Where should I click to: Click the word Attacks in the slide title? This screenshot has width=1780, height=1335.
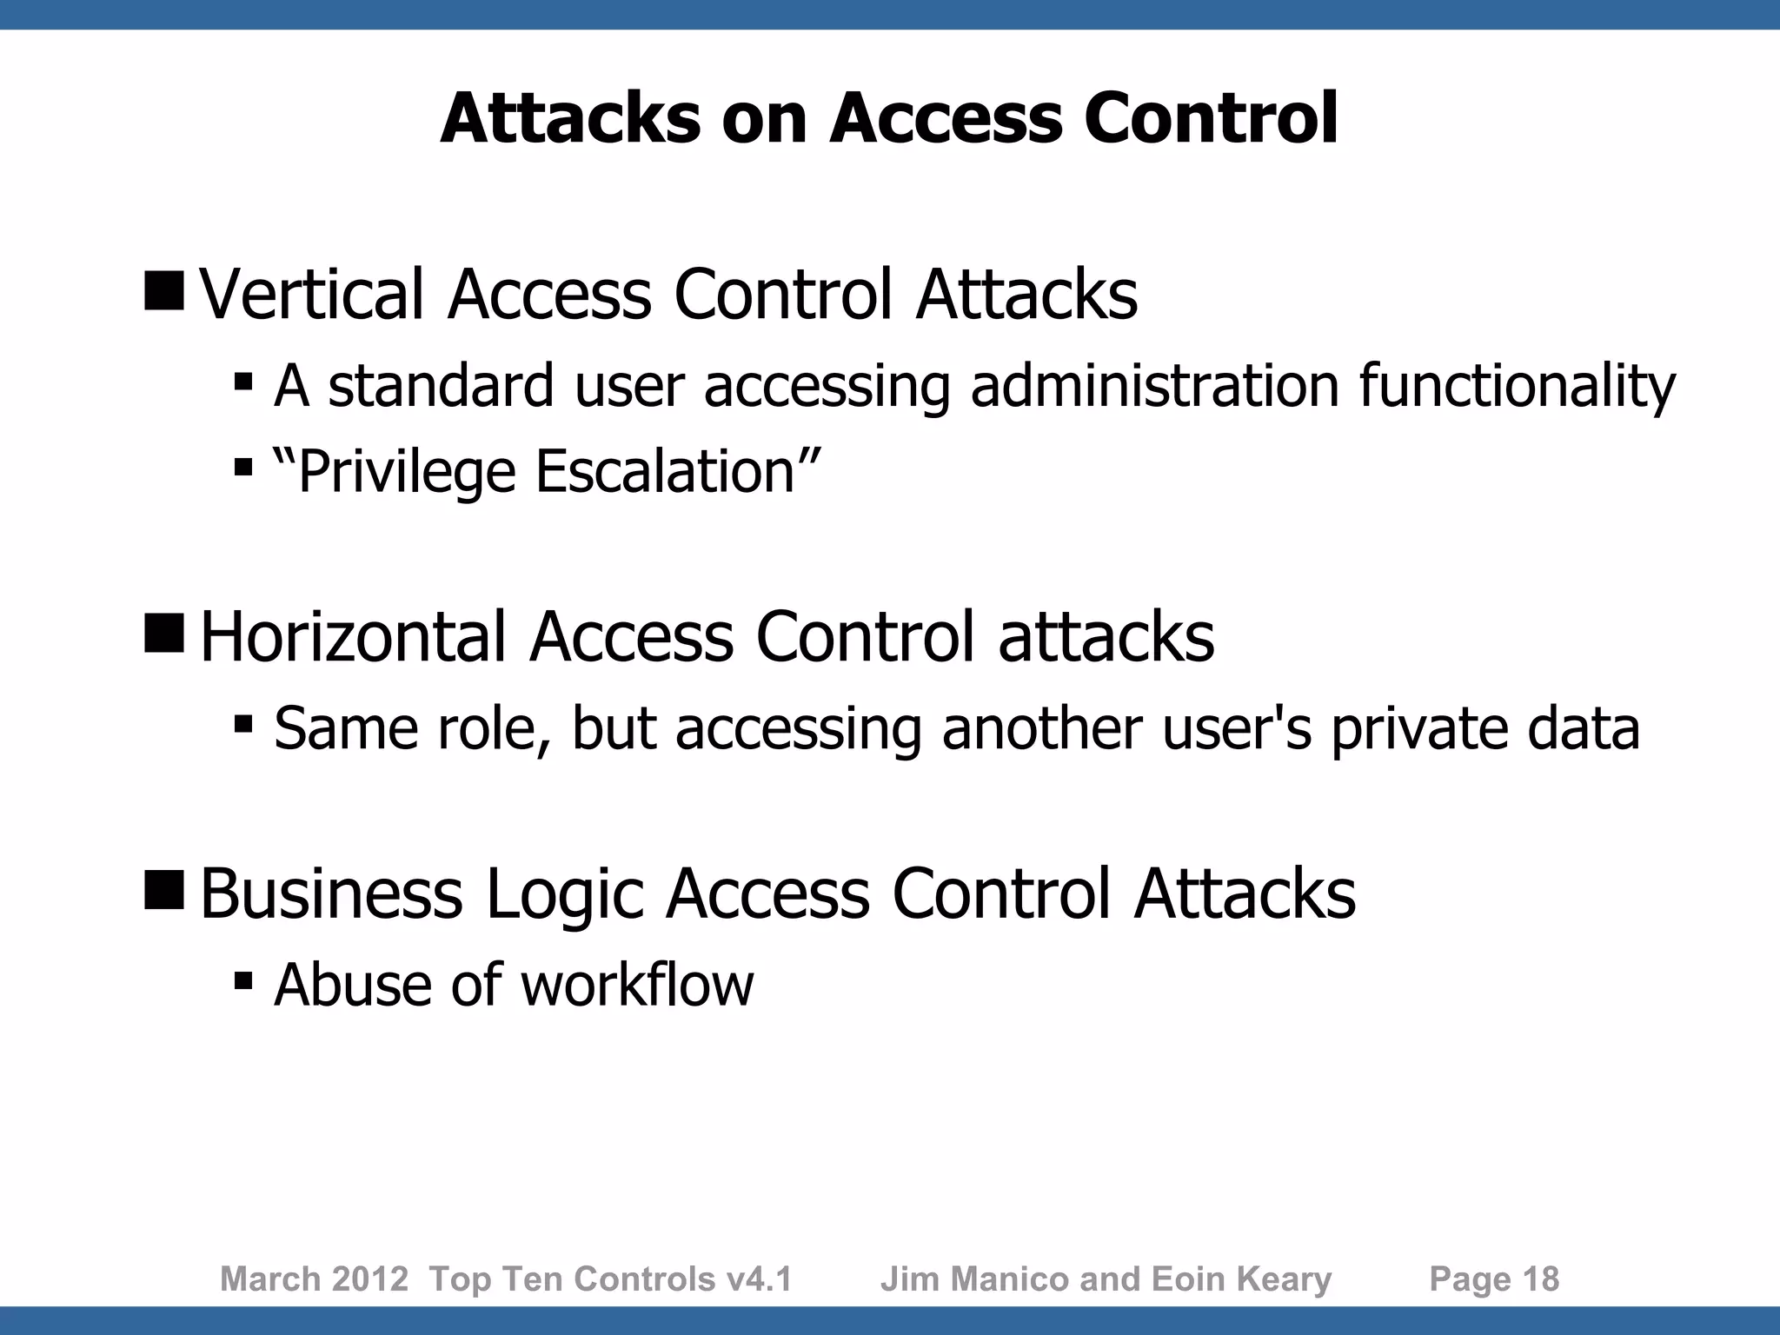(570, 118)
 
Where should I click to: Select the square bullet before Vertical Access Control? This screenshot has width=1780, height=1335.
(164, 289)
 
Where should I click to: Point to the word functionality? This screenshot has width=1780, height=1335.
(1517, 385)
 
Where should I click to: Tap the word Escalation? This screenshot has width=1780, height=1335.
(666, 472)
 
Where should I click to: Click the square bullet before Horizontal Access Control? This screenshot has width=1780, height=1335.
(164, 632)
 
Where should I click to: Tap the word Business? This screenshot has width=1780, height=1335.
(331, 893)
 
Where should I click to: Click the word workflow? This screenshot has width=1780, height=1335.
(637, 985)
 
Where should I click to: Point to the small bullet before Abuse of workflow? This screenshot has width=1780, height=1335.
(243, 981)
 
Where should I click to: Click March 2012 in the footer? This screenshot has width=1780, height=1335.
(314, 1279)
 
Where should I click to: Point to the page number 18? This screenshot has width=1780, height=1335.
(1540, 1279)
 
